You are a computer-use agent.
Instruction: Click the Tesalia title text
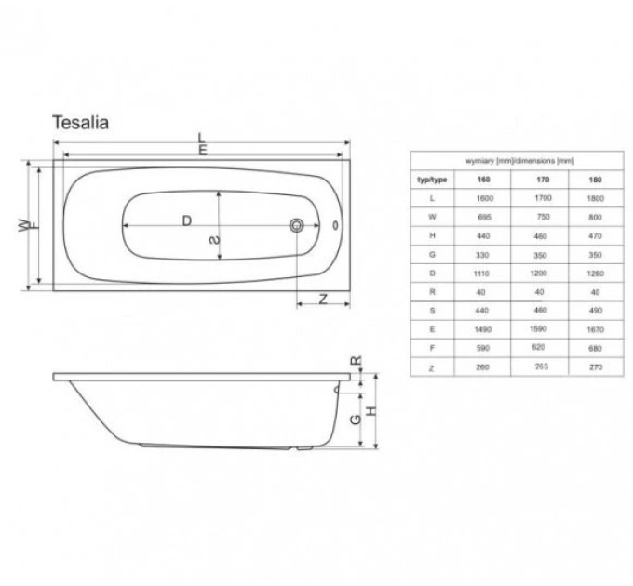click(80, 123)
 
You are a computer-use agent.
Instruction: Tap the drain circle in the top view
click(297, 225)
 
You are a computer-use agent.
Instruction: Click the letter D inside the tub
click(186, 220)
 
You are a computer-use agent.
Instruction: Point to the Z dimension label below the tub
click(323, 299)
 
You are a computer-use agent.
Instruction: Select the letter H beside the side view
click(371, 411)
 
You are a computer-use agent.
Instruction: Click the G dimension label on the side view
click(356, 419)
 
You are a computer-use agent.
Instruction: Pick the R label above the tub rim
click(356, 360)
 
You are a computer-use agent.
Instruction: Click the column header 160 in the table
click(483, 180)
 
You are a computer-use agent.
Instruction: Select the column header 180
click(595, 180)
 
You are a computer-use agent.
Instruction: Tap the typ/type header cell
click(432, 180)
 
